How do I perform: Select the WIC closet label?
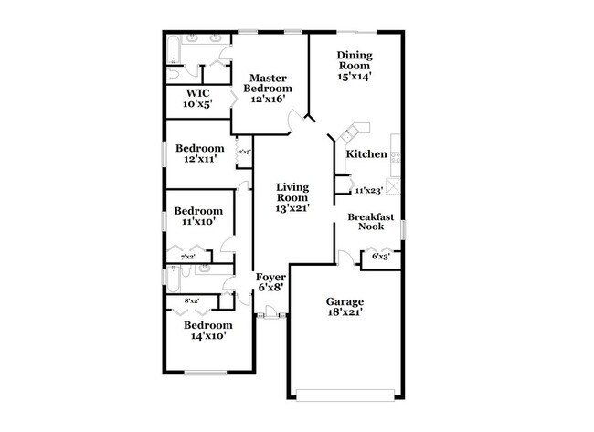click(x=198, y=93)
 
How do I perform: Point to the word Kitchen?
click(x=366, y=154)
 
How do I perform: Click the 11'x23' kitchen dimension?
click(x=368, y=191)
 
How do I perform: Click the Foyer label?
click(x=270, y=276)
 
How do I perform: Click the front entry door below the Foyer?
click(x=270, y=315)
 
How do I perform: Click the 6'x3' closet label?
click(x=380, y=258)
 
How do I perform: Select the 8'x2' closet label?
click(x=192, y=300)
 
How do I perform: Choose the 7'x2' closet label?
click(x=188, y=258)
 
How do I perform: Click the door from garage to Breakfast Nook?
click(x=344, y=258)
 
